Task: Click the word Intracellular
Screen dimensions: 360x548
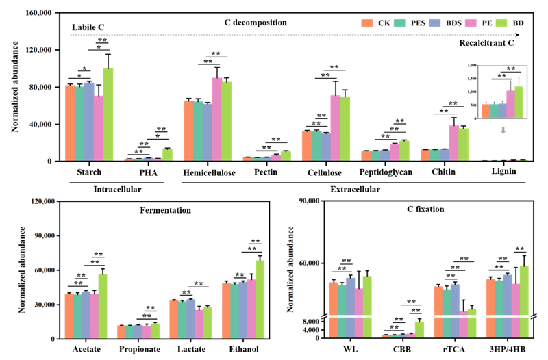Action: tap(108, 188)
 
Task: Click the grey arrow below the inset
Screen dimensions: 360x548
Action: tap(503, 129)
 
